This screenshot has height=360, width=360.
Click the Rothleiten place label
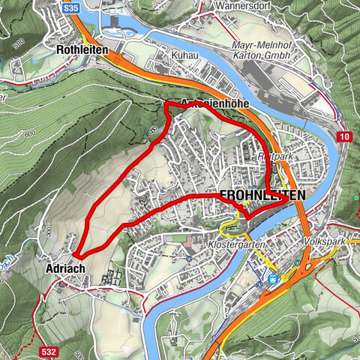coord(82,49)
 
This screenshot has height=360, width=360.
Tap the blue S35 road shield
coord(71,7)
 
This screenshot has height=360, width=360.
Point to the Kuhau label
coord(184,56)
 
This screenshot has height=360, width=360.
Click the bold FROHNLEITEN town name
coord(262,195)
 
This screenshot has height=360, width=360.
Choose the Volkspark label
coord(323,244)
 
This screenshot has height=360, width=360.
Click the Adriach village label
coord(61,268)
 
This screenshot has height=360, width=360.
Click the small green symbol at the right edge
coord(355,198)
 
